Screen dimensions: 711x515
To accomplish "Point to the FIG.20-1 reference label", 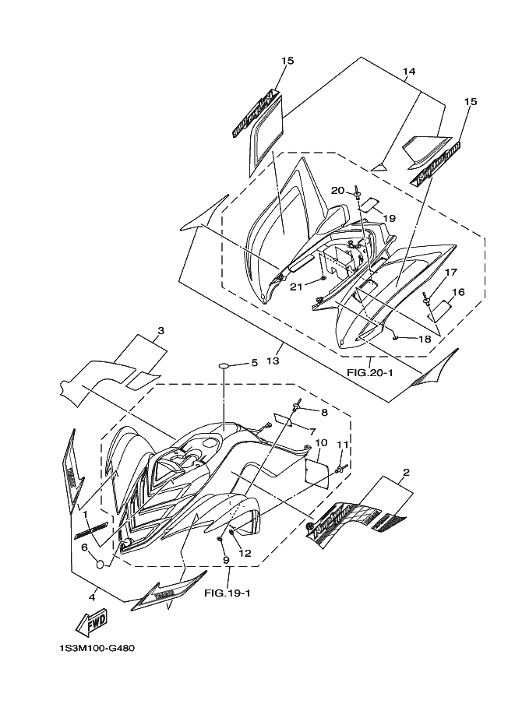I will pos(369,372).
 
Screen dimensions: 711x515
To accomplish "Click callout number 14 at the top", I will pos(409,72).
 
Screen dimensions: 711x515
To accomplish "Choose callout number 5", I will pos(253,363).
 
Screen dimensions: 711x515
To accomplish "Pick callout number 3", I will pos(160,331).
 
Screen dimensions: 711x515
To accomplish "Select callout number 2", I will pos(406,472).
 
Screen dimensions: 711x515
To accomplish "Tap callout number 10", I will pos(319,443).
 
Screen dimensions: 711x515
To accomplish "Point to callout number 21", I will pos(296,287).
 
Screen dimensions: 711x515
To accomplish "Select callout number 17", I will pos(450,273).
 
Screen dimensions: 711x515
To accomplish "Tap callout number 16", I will pos(458,293).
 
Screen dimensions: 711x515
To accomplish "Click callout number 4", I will pos(93,597).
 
